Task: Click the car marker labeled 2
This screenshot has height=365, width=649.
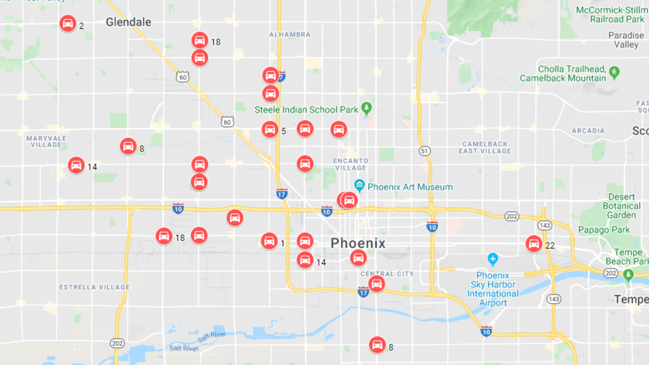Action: click(x=68, y=23)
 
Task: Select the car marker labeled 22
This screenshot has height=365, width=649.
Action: click(x=533, y=244)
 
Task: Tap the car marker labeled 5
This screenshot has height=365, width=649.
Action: click(x=270, y=129)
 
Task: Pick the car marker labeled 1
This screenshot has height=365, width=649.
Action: click(x=269, y=241)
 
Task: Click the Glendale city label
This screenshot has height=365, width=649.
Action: click(x=129, y=22)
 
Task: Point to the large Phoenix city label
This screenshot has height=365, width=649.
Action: click(x=358, y=244)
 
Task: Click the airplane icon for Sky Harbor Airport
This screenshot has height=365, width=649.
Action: click(x=493, y=260)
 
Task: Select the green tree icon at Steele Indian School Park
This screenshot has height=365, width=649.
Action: click(x=367, y=108)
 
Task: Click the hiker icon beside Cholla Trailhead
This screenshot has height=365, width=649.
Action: click(x=614, y=72)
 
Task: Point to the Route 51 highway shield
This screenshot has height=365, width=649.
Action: click(x=424, y=151)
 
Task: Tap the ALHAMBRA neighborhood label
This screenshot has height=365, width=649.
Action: click(x=290, y=35)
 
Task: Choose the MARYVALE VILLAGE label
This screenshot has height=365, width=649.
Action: click(x=46, y=141)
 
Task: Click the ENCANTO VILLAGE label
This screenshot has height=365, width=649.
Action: click(x=351, y=164)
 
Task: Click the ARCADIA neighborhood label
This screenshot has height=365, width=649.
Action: click(x=588, y=130)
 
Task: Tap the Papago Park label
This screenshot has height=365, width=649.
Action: click(x=604, y=230)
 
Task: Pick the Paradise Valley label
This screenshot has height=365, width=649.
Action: click(x=626, y=40)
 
